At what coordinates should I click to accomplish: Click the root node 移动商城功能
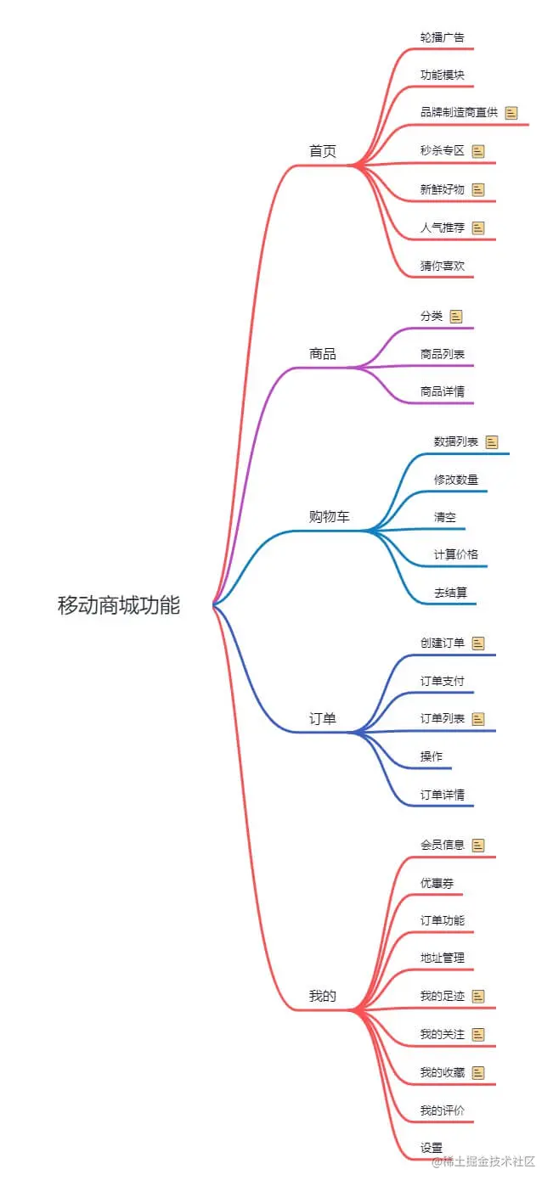[x=119, y=605]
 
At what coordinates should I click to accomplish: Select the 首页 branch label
[x=323, y=151]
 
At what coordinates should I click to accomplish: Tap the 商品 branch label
[x=323, y=353]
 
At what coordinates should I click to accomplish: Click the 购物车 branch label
[x=329, y=516]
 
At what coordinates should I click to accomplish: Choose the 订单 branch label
[x=323, y=718]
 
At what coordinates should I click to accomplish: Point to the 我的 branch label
[x=323, y=996]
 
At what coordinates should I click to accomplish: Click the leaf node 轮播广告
[x=442, y=37]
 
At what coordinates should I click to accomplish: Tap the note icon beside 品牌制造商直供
[x=511, y=112]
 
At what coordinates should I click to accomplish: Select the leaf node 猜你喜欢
[x=442, y=265]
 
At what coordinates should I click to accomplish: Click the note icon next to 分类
[x=456, y=316]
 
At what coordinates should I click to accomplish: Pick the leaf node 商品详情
[x=442, y=391]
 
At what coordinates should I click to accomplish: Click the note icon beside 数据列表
[x=492, y=441]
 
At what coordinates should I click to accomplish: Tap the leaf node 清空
[x=445, y=516]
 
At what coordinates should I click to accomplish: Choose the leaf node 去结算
[x=450, y=592]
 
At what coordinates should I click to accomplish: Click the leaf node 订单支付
[x=442, y=680]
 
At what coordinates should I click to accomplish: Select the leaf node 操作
[x=432, y=756]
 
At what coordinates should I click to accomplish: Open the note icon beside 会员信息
[x=478, y=845]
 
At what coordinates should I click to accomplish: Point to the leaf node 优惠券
[x=437, y=882]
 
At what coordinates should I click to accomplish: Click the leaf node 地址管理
[x=442, y=958]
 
